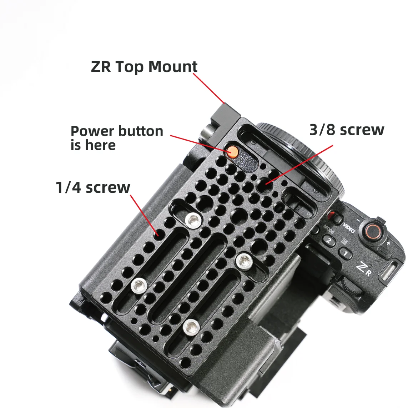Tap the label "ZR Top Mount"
pyautogui.click(x=144, y=67)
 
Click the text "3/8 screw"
pyautogui.click(x=347, y=130)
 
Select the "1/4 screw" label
pyautogui.click(x=93, y=187)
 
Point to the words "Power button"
pyautogui.click(x=117, y=131)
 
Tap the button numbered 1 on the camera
pyautogui.click(x=345, y=253)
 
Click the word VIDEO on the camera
pyautogui.click(x=349, y=228)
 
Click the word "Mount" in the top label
pyautogui.click(x=173, y=67)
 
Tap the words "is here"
pyautogui.click(x=93, y=145)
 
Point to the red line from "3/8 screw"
pyautogui.click(x=299, y=165)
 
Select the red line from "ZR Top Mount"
pyautogui.click(x=208, y=88)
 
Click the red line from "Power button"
pyautogui.click(x=201, y=143)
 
